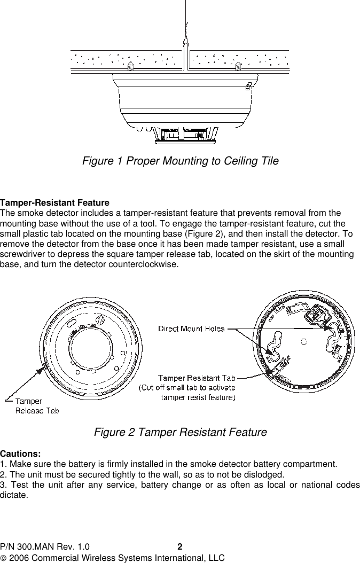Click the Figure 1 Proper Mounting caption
180,161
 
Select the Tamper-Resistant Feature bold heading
55,204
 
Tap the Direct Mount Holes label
191,329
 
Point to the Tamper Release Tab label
37,406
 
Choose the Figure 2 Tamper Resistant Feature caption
180,432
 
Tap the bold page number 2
180,547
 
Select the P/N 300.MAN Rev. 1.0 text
45,547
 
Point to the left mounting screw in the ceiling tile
130,67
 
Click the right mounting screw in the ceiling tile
238,67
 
